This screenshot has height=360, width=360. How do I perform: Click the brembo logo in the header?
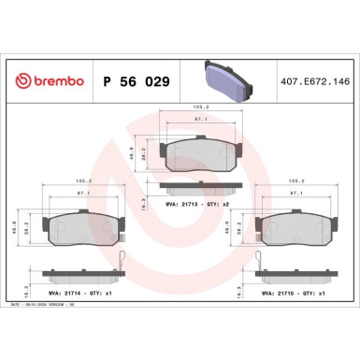tap(48, 81)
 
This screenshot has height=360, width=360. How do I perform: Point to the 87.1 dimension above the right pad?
tap(297, 193)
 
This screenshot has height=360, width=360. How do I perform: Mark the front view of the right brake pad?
tap(297, 227)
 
